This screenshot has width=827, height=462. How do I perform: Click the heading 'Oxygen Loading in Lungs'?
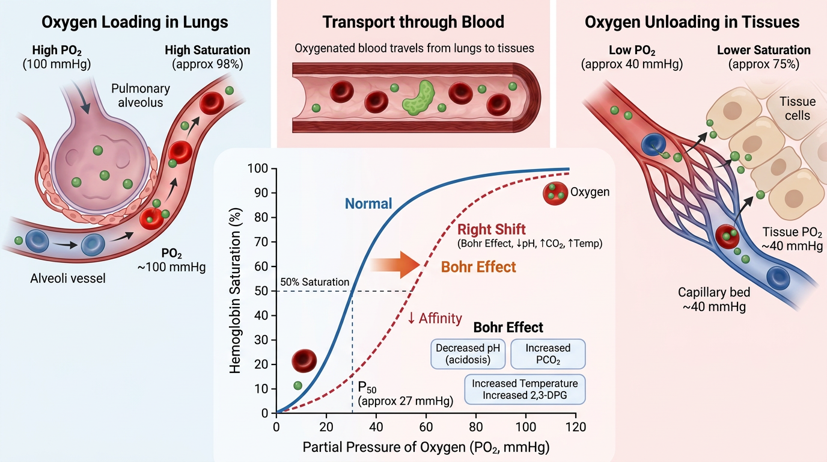[x=135, y=22]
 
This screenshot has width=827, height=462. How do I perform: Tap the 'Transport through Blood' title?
[x=413, y=22]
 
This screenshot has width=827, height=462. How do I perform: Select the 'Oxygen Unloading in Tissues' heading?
[x=692, y=22]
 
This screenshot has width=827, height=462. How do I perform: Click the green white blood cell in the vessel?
[x=418, y=98]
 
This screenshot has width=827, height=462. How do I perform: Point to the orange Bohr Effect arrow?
[x=395, y=265]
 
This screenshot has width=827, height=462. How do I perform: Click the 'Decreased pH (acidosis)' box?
[x=468, y=354]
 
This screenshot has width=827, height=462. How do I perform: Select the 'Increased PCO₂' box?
[x=548, y=354]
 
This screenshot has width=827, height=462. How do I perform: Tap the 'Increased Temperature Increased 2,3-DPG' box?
[x=525, y=389]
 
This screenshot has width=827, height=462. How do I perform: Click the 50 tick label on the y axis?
[x=261, y=291]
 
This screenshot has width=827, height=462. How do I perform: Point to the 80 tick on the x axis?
[x=475, y=427]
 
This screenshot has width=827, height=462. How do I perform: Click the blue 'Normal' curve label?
[x=368, y=204]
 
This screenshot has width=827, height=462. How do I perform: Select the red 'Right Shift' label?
[x=492, y=230]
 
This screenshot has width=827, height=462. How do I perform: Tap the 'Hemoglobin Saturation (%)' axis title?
[x=235, y=291]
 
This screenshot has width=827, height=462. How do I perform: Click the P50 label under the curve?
[x=367, y=387]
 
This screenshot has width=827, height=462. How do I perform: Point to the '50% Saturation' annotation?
[x=314, y=282]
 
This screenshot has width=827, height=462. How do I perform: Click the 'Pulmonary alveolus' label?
[x=140, y=96]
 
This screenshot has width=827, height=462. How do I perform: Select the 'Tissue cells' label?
[x=798, y=108]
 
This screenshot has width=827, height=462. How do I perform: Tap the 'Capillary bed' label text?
[x=714, y=292]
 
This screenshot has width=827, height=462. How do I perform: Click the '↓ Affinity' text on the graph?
[x=435, y=318]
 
